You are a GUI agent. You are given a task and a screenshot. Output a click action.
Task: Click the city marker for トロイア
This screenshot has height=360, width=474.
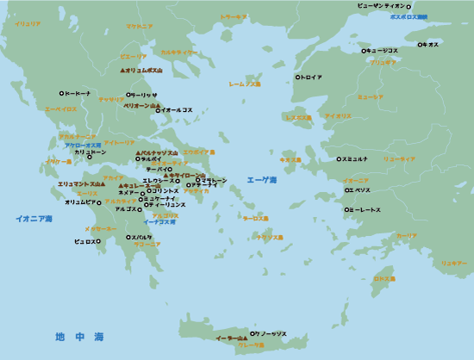coord(298,77)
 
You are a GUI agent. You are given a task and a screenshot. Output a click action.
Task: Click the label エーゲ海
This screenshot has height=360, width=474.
coord(261,181)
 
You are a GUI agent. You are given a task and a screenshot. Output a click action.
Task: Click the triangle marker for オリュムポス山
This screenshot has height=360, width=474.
coord(122,70)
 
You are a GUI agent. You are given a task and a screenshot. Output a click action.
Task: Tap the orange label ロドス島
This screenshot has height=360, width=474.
coord(384,279)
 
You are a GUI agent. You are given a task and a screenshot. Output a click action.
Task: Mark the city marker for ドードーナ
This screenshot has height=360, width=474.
coord(61,93)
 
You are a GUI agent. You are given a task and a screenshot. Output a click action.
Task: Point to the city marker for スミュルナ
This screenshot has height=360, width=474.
coord(339,159)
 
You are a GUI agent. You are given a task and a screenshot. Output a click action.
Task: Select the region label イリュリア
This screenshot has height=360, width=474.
coord(28,24)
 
